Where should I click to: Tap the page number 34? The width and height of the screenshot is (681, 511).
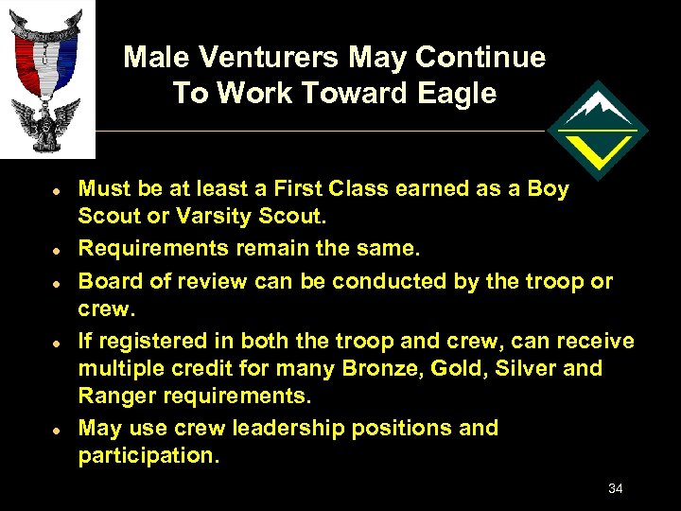pyautogui.click(x=615, y=488)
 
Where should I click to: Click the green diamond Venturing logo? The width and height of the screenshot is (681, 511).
pyautogui.click(x=597, y=131)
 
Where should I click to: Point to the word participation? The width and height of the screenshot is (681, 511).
pyautogui.click(x=148, y=455)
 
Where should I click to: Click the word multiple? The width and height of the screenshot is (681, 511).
pyautogui.click(x=121, y=368)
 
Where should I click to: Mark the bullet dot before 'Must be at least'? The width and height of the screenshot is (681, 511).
pyautogui.click(x=57, y=190)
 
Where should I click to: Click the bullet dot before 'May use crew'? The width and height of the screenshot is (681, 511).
pyautogui.click(x=57, y=429)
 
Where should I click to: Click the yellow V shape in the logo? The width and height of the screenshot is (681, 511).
pyautogui.click(x=598, y=149)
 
